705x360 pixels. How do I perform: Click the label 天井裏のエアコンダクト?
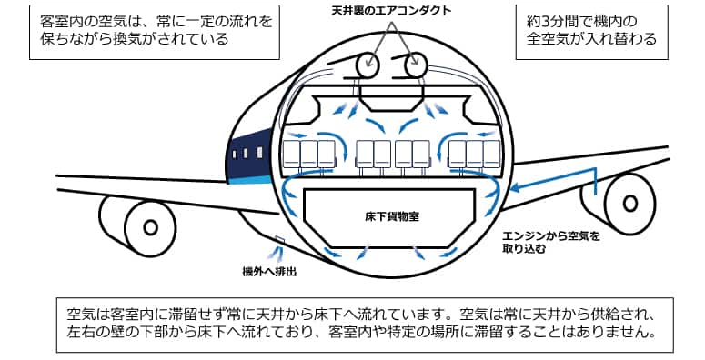391,11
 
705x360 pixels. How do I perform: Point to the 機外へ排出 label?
269,272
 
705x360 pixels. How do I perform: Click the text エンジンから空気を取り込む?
550,241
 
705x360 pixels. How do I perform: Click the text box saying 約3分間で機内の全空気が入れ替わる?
591,32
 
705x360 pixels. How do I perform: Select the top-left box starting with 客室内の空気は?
155,32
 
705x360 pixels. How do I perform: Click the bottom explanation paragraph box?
365,325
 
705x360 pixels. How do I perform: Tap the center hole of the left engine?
150,228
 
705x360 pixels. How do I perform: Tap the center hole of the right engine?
629,203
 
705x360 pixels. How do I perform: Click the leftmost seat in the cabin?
291,155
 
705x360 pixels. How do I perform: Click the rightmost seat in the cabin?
491,155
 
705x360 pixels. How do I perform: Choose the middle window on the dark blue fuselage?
246,154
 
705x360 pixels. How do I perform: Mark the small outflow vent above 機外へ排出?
279,240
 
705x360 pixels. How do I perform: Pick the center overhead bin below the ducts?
392,98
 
